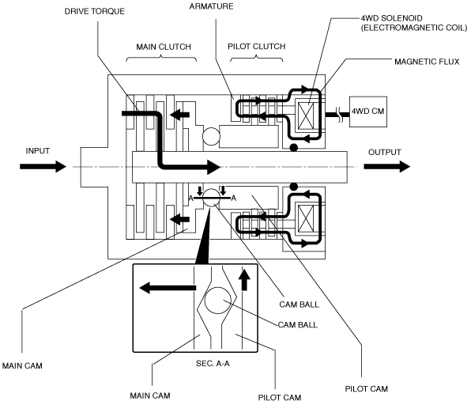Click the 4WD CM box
(368, 112)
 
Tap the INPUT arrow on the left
(43, 166)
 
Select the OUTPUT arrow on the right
(387, 166)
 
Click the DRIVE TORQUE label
(95, 11)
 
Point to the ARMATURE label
(211, 6)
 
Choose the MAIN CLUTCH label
(164, 47)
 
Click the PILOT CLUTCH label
(257, 47)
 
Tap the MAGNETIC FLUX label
(427, 62)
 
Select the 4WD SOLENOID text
(391, 18)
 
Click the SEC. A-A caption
(213, 364)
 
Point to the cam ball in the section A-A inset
(218, 301)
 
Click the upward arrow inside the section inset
(245, 279)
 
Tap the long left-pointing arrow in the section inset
(168, 288)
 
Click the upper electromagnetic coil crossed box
(306, 115)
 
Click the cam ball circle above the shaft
(211, 136)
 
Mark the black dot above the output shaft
(293, 148)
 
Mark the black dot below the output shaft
(293, 187)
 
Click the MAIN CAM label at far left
(22, 366)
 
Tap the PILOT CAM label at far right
(367, 389)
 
